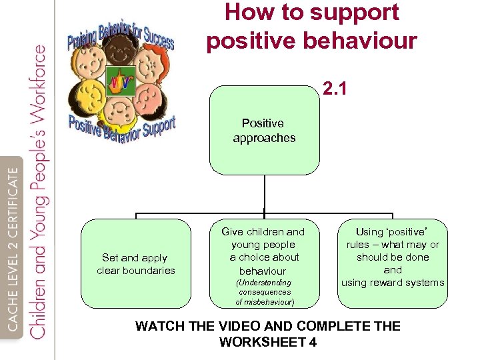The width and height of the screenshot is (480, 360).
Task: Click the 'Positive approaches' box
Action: (264, 131)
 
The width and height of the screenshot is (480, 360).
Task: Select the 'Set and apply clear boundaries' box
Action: (136, 264)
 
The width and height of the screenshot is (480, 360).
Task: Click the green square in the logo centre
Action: (121, 82)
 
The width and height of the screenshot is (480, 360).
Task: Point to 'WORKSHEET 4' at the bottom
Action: (267, 342)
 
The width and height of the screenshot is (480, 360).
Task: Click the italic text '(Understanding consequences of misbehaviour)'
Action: (264, 292)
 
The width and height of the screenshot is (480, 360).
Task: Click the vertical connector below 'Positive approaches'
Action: (265, 193)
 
